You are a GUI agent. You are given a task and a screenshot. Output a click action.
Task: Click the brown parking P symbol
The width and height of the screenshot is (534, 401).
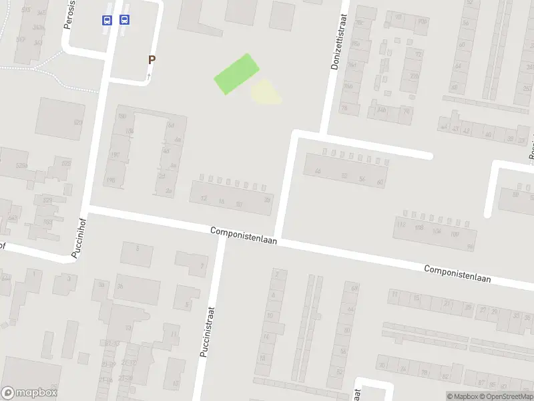pos(152,59)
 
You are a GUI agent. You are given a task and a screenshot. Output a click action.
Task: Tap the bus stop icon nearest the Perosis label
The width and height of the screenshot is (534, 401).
pos(107,20)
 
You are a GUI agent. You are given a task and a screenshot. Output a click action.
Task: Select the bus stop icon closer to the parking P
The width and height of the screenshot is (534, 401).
pos(124,20)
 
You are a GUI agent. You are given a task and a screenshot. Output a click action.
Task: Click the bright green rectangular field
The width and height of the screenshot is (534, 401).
pos(236,74)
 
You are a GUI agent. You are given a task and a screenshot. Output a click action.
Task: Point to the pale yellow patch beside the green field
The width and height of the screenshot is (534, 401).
pos(266,92)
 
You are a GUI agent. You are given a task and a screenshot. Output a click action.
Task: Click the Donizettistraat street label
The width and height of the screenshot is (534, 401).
pos(336,43)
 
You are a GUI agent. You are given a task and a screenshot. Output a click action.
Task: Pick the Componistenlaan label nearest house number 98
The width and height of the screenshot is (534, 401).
pos(458,273)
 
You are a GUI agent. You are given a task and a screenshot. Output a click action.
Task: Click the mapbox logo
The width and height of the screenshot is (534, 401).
pos(29,393)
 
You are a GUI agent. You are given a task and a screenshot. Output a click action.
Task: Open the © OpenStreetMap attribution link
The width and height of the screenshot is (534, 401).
pos(507,396)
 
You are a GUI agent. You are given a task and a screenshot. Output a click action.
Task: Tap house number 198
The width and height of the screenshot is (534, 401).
pos(110,180)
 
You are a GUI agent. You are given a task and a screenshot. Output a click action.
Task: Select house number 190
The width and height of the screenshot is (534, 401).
pos(114,155)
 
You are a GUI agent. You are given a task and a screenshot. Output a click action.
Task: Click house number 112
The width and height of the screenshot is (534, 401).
pos(401,225)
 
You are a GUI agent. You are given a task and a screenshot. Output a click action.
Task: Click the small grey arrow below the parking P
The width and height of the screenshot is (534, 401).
pos(149,76)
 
